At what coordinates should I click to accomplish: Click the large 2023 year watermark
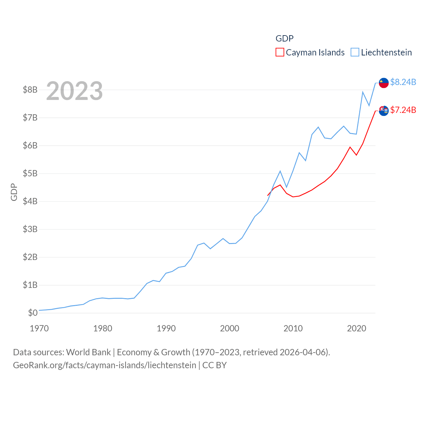click(74, 91)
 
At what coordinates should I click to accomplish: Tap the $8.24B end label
click(403, 82)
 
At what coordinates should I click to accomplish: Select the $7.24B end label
click(403, 110)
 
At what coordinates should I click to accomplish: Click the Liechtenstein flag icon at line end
click(384, 83)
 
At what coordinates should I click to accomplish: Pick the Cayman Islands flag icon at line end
click(384, 111)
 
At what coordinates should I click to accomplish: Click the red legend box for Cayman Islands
click(280, 52)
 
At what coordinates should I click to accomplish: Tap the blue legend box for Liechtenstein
click(355, 52)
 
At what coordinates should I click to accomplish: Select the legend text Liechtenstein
click(386, 52)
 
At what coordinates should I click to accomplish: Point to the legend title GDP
click(285, 39)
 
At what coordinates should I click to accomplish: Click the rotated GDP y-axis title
click(14, 192)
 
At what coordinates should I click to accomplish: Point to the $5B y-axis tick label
click(30, 173)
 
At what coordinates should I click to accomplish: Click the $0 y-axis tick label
click(33, 313)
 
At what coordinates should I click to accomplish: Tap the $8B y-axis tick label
click(30, 90)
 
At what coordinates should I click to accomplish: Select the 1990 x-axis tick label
click(166, 328)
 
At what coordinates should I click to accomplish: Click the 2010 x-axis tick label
click(293, 328)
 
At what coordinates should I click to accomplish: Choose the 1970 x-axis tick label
click(39, 328)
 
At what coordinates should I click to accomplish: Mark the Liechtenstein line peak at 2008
click(280, 171)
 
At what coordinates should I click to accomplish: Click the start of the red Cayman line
click(268, 196)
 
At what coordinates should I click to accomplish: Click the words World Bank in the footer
click(88, 352)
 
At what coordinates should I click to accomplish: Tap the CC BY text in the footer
click(214, 365)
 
